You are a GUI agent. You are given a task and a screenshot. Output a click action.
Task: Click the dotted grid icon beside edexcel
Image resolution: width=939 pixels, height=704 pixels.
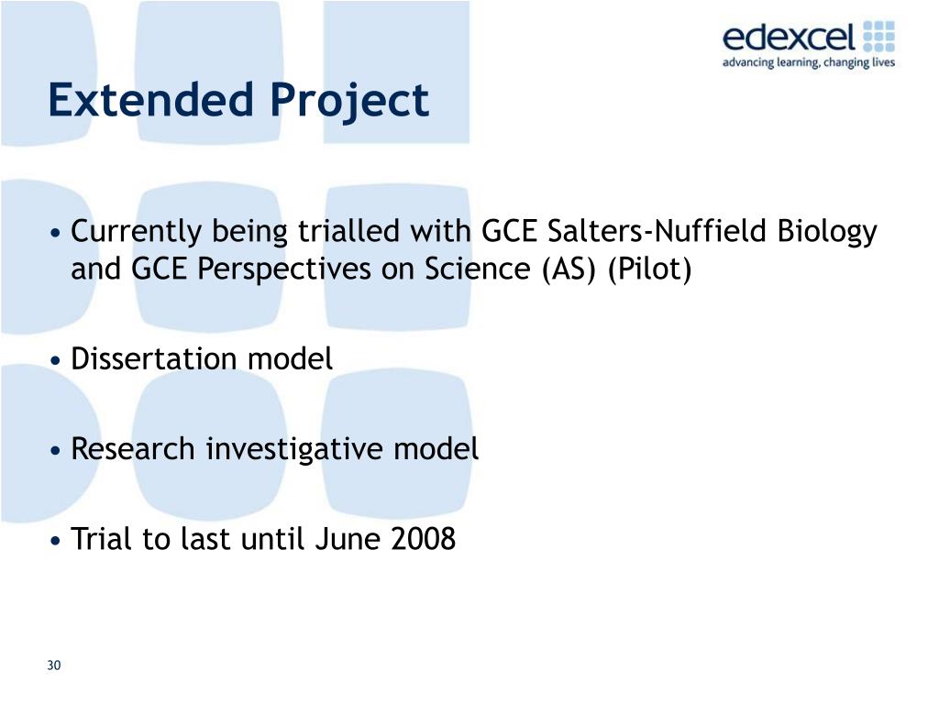click(878, 37)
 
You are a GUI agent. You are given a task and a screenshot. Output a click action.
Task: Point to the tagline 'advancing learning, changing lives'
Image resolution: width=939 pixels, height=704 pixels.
click(808, 63)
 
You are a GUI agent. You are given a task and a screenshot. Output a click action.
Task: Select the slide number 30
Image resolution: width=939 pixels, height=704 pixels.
click(54, 665)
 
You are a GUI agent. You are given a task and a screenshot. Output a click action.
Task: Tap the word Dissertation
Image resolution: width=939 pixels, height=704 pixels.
click(156, 359)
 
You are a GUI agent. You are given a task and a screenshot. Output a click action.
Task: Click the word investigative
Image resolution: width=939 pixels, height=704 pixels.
click(294, 449)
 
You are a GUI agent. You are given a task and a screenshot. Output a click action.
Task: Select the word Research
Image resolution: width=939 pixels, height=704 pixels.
click(134, 449)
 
